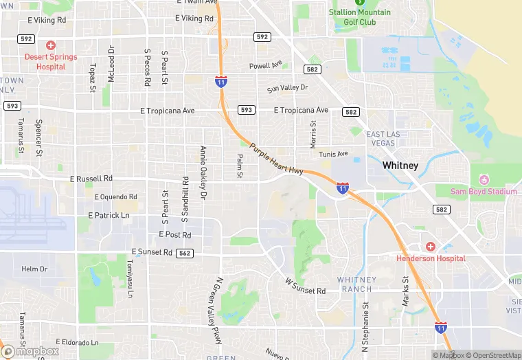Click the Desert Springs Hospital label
(x=51, y=62)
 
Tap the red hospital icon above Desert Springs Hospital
(x=51, y=45)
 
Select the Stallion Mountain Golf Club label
(x=360, y=17)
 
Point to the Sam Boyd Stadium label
(x=484, y=192)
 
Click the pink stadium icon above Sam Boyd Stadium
(x=484, y=179)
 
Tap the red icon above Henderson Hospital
(x=431, y=246)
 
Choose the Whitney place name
(x=400, y=166)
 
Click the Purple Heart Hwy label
(x=276, y=159)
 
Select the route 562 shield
(x=184, y=253)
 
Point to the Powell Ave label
(x=266, y=66)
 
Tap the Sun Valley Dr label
(x=288, y=89)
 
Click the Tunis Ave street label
(x=334, y=154)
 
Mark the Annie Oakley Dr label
(x=203, y=172)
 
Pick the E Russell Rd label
(x=91, y=179)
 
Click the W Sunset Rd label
(x=305, y=286)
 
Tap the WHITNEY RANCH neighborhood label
(x=356, y=284)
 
